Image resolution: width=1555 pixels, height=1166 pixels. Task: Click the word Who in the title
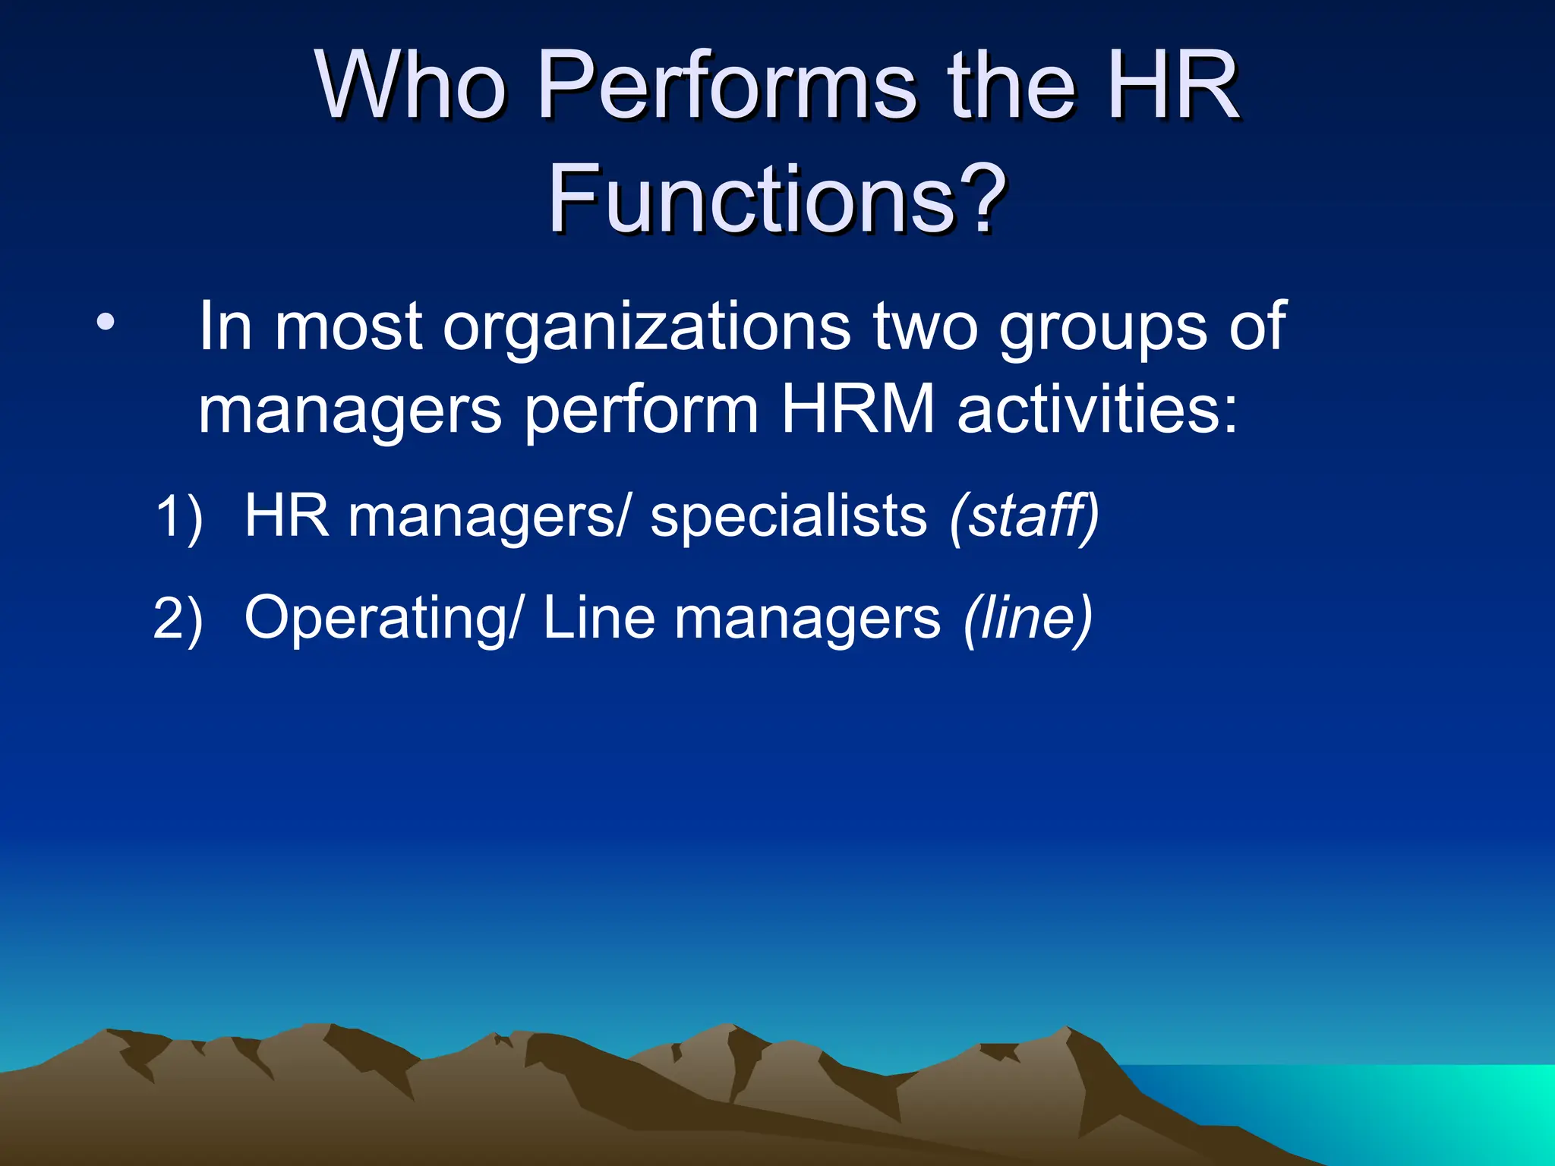pyautogui.click(x=411, y=85)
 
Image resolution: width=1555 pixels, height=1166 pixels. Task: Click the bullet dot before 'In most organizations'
pyautogui.click(x=106, y=324)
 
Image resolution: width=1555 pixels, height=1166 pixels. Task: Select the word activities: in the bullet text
pyautogui.click(x=1098, y=410)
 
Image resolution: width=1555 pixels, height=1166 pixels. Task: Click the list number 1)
pyautogui.click(x=178, y=517)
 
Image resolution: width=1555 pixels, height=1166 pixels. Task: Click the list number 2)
pyautogui.click(x=178, y=619)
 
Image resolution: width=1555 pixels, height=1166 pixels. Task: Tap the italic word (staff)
pyautogui.click(x=1024, y=517)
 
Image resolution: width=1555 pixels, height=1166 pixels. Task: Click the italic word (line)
pyautogui.click(x=1028, y=619)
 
